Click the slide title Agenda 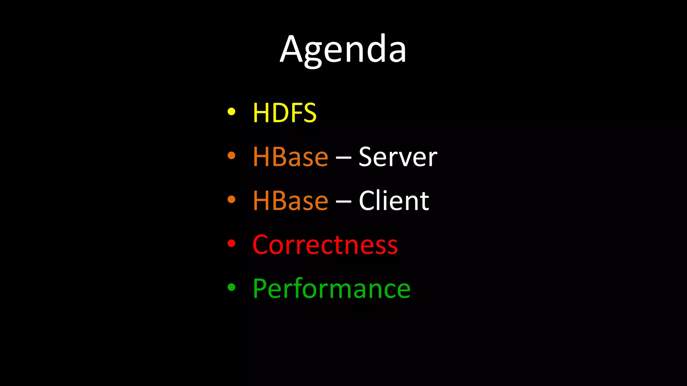pyautogui.click(x=343, y=50)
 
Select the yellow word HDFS pyautogui.click(x=284, y=113)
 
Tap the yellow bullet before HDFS pyautogui.click(x=231, y=112)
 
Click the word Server pyautogui.click(x=398, y=157)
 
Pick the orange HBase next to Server pyautogui.click(x=290, y=157)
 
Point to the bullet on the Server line pyautogui.click(x=231, y=155)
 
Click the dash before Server pyautogui.click(x=343, y=158)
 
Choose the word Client pyautogui.click(x=394, y=201)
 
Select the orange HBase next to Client pyautogui.click(x=290, y=201)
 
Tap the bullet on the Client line pyautogui.click(x=231, y=199)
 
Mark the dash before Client pyautogui.click(x=343, y=202)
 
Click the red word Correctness pyautogui.click(x=325, y=245)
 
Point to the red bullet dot pyautogui.click(x=231, y=243)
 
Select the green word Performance pyautogui.click(x=331, y=288)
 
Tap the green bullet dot pyautogui.click(x=231, y=287)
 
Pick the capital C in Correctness pyautogui.click(x=262, y=245)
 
